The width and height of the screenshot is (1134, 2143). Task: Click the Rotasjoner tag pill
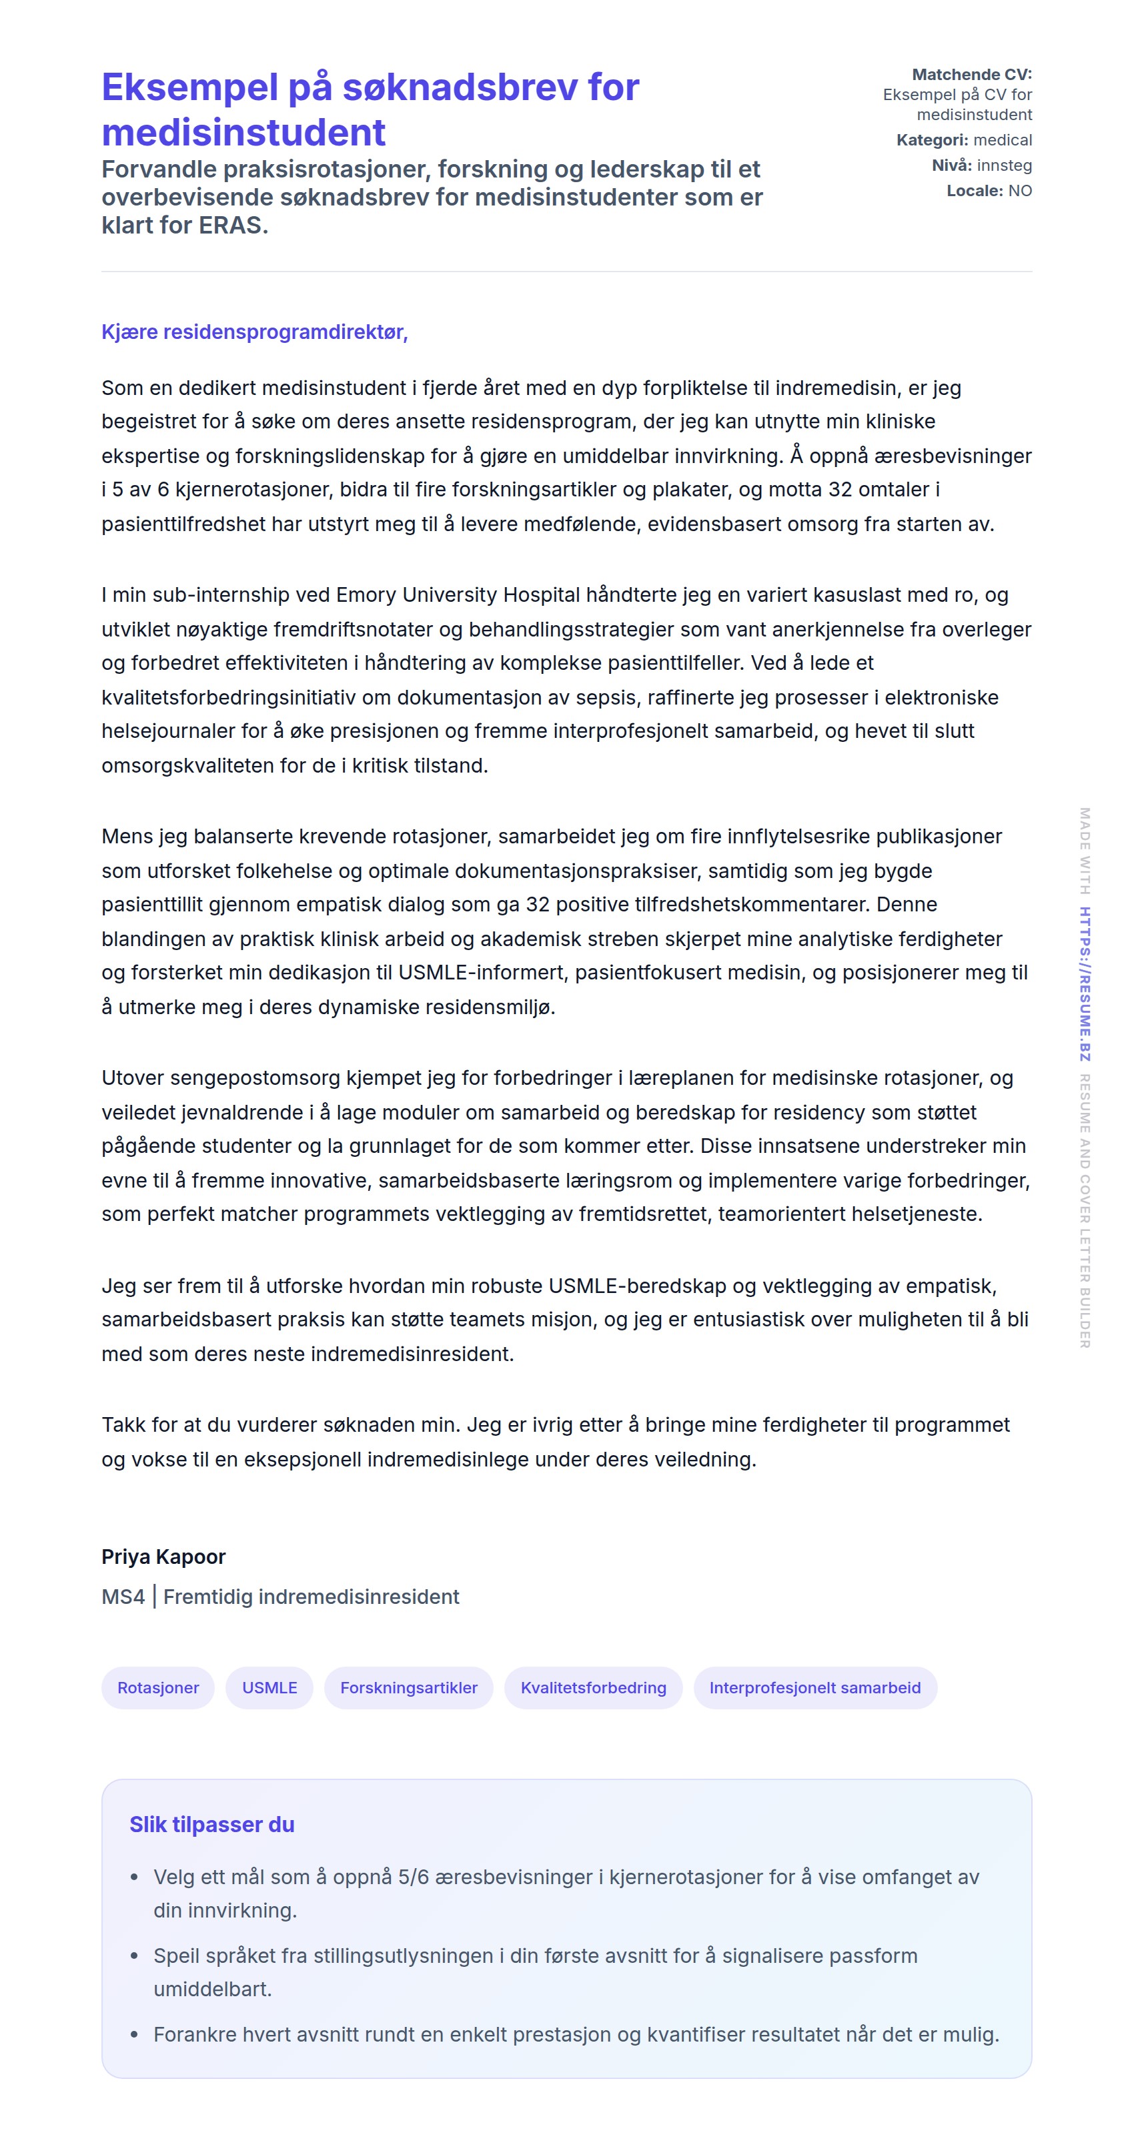[x=158, y=1688]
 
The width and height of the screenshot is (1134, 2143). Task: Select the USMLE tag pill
[x=269, y=1688]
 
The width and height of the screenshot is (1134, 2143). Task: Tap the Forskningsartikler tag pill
[x=408, y=1688]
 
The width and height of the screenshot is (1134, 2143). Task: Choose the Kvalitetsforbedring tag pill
[x=593, y=1688]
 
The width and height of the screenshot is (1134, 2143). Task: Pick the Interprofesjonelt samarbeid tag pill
[x=814, y=1688]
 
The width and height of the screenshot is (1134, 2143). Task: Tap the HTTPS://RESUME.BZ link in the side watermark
[x=1084, y=983]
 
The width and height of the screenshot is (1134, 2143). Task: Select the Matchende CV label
[x=971, y=74]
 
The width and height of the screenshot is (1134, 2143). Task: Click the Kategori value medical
[x=1003, y=139]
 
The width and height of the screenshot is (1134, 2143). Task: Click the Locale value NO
[x=1020, y=191]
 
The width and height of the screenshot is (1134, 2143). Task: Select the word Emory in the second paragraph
[x=366, y=595]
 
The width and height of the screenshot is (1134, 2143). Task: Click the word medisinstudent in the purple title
[x=243, y=132]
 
